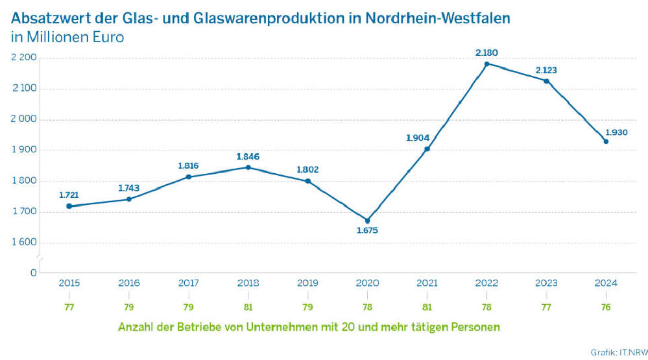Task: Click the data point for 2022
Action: point(486,64)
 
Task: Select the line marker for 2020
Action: point(367,221)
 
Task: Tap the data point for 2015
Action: point(69,206)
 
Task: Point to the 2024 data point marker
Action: point(606,141)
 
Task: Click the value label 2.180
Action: point(486,52)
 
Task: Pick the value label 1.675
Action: point(367,230)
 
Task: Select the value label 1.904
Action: point(418,138)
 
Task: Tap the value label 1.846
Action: point(248,156)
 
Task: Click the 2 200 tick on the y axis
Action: point(24,58)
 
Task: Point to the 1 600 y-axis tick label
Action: point(24,243)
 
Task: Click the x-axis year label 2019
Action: point(307,283)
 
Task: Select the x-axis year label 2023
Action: point(546,283)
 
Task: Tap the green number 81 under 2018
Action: point(248,307)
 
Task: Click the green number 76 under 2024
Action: point(606,307)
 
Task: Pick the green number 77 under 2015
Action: point(69,307)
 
